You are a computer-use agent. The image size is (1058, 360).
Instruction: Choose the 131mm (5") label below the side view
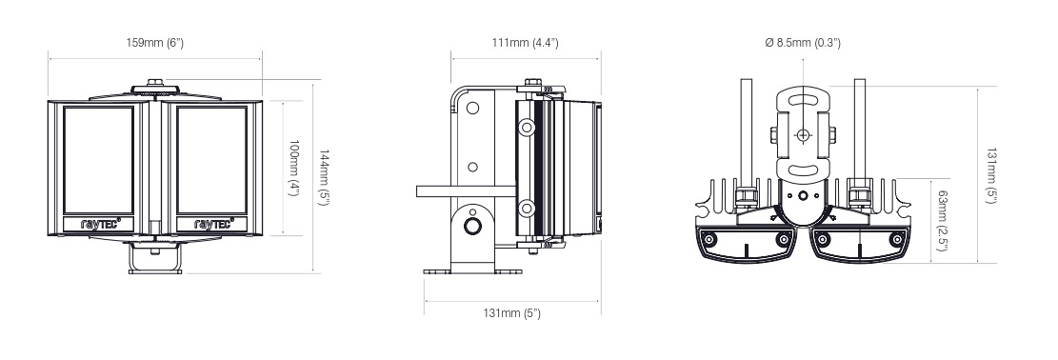click(511, 314)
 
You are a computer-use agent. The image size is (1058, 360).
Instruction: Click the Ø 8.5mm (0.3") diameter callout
click(803, 43)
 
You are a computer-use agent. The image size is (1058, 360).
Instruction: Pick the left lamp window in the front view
click(98, 159)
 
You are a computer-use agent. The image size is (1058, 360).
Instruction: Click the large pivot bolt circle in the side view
click(472, 226)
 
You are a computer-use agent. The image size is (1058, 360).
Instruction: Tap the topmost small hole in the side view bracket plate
click(471, 108)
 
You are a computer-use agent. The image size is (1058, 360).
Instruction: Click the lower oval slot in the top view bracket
click(804, 171)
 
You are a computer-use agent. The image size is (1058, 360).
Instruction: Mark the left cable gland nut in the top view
click(747, 196)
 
